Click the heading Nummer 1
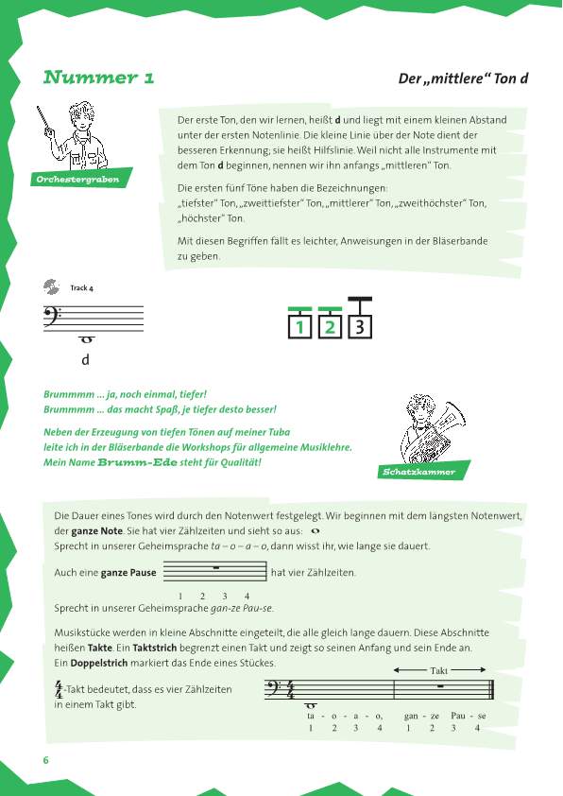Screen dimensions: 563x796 (98, 78)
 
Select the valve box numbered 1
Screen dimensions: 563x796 (299, 326)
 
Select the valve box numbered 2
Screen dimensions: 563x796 (330, 326)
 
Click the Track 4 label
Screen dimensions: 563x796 (81, 287)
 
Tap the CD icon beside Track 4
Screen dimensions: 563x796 (51, 286)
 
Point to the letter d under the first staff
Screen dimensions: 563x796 (85, 359)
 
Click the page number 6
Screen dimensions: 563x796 (46, 760)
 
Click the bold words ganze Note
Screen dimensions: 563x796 (97, 531)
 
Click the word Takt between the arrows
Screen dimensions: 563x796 (438, 670)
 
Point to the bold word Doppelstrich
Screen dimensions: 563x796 (99, 663)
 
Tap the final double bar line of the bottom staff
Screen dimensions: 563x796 (491, 690)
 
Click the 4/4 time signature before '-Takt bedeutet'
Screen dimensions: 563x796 (60, 690)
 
